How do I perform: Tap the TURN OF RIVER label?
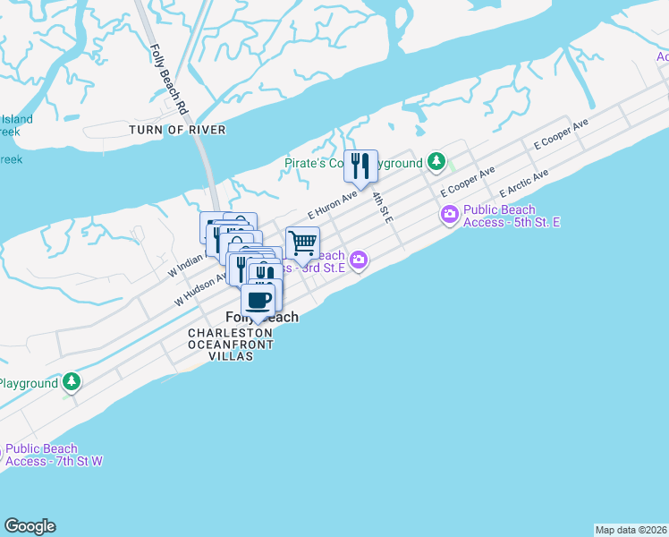pos(177,130)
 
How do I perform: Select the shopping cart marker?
pos(302,242)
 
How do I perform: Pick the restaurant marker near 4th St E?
pos(360,166)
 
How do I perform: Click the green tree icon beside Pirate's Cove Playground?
pos(436,162)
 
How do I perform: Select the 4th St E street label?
pos(382,206)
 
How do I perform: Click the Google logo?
pos(30,526)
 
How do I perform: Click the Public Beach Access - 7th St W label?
pos(54,455)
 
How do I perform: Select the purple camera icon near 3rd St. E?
pos(359,260)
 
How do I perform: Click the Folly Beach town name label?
pos(262,318)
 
